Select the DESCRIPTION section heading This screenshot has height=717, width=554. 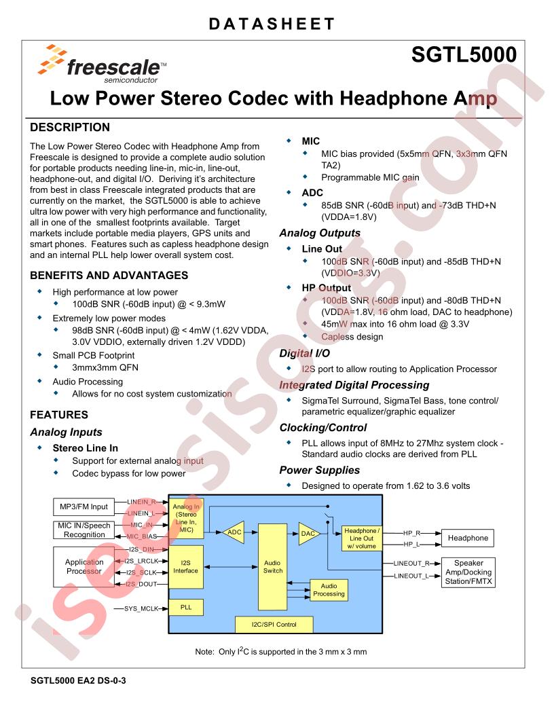[x=70, y=128]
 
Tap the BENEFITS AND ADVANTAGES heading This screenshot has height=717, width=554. [x=109, y=276]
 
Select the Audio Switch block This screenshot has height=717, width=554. [x=273, y=566]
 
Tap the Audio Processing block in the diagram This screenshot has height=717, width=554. [x=329, y=589]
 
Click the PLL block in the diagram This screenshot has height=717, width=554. [x=185, y=608]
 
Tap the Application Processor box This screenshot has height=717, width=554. [x=84, y=566]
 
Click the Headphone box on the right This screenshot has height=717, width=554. [x=468, y=538]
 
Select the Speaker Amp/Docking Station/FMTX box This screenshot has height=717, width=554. [x=468, y=572]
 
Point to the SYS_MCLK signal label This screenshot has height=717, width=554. [x=141, y=608]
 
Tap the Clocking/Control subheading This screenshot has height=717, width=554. [x=323, y=428]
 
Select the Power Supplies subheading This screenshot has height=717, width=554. [x=319, y=470]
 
